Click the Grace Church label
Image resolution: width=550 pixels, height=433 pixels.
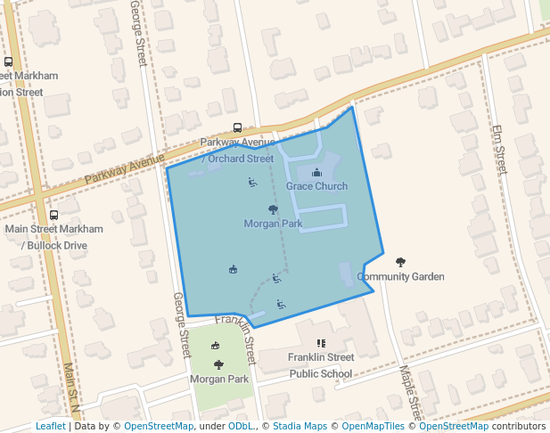click(316, 186)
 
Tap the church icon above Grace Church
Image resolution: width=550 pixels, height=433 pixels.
click(316, 173)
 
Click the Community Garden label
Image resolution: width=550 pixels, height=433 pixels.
click(400, 277)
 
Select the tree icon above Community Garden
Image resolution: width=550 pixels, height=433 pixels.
click(400, 262)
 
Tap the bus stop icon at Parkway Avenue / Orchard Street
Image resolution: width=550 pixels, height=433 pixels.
click(237, 127)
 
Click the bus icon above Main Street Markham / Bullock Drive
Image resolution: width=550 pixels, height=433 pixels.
click(53, 215)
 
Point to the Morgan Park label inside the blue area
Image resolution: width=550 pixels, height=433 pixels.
click(273, 224)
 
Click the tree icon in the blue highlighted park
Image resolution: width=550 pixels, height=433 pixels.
click(273, 210)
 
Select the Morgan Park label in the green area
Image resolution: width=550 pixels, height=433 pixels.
click(219, 379)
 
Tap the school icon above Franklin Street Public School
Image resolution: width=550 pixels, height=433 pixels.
click(321, 343)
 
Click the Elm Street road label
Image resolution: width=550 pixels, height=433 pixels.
click(498, 149)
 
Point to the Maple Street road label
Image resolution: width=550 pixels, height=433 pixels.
click(409, 393)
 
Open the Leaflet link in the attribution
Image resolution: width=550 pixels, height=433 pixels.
click(51, 427)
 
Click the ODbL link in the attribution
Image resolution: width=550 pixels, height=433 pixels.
click(240, 427)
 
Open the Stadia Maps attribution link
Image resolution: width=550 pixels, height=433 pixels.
click(300, 427)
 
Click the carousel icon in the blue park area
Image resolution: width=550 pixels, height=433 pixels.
click(233, 269)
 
